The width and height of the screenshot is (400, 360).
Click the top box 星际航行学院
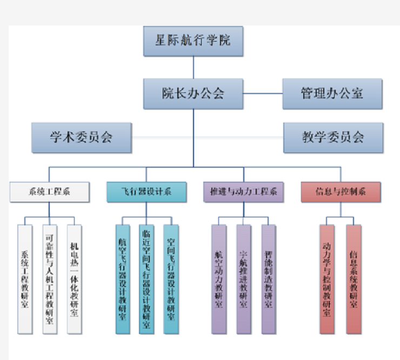click(193, 41)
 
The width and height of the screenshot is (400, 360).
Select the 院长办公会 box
click(193, 94)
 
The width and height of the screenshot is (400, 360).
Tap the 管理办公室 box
click(332, 94)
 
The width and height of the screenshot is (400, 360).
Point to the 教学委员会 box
click(333, 137)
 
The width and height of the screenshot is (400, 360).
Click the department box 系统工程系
click(49, 192)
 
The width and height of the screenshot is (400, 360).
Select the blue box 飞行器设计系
click(146, 192)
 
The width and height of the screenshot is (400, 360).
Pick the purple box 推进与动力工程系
click(243, 192)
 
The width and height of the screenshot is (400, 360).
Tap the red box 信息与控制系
click(341, 192)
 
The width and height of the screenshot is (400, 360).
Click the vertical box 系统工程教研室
click(25, 278)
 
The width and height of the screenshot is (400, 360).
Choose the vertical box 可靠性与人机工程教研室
click(50, 278)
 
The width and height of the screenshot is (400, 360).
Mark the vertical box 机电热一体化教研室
click(74, 278)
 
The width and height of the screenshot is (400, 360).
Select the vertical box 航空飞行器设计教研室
click(122, 278)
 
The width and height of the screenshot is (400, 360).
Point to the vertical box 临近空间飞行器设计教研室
click(146, 278)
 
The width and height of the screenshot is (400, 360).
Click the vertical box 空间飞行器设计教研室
click(171, 278)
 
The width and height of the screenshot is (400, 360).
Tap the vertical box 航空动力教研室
click(219, 278)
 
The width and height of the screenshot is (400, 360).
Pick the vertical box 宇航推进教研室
click(244, 278)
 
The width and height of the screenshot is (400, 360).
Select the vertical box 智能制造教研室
click(268, 278)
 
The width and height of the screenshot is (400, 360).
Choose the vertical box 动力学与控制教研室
click(327, 278)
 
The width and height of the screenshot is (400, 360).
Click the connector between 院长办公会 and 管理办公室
click(263, 94)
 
